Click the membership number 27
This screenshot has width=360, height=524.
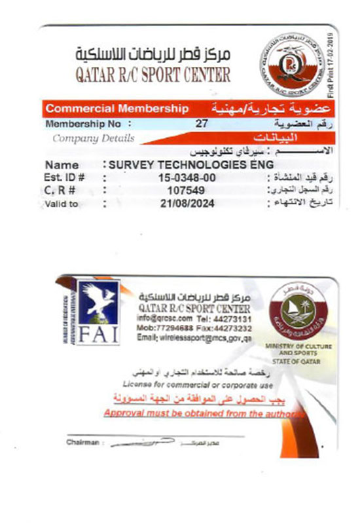tap(202, 122)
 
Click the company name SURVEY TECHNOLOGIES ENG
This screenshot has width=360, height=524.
tap(190, 164)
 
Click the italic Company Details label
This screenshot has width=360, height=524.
tap(93, 138)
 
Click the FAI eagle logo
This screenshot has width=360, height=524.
tap(99, 312)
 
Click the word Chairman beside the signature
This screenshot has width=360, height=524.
tap(82, 443)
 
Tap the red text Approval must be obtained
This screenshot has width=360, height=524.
tap(203, 414)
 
